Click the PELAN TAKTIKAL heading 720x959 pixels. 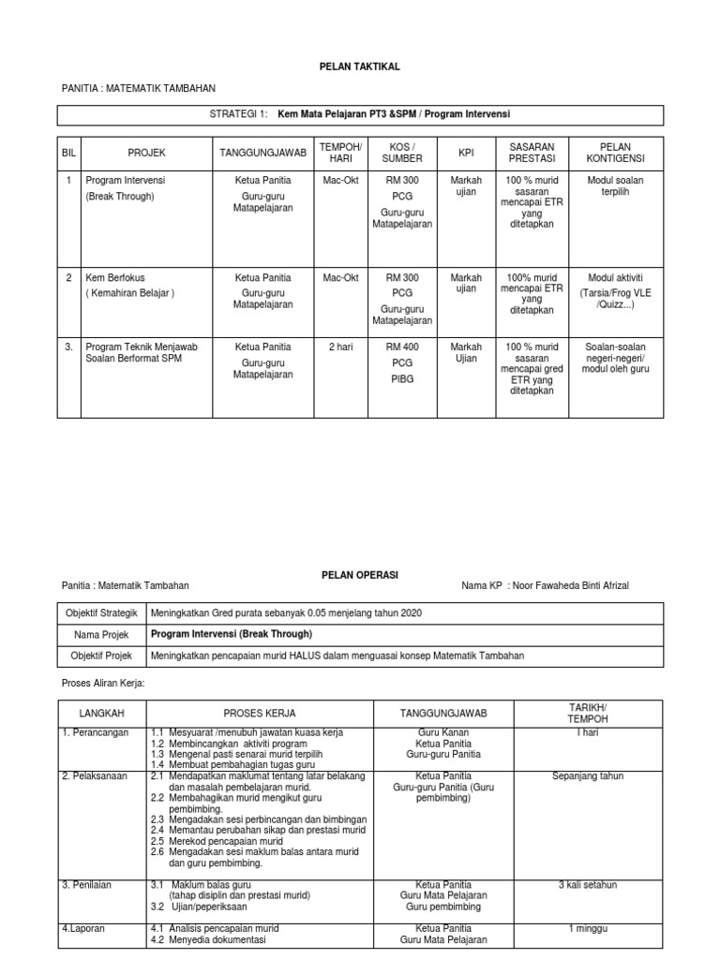click(x=361, y=66)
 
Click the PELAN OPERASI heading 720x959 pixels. click(x=360, y=574)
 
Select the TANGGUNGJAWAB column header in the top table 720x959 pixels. click(x=262, y=153)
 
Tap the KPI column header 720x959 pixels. click(x=466, y=153)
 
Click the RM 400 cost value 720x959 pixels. click(x=402, y=347)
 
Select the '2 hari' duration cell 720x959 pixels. click(x=340, y=347)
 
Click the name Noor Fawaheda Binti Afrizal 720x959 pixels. click(x=573, y=585)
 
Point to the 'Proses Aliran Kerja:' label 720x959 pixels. click(x=104, y=684)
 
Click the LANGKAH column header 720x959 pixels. click(x=102, y=713)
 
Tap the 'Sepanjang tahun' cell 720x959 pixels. click(x=588, y=776)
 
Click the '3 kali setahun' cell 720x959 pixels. click(x=588, y=884)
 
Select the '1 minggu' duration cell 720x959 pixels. click(x=588, y=928)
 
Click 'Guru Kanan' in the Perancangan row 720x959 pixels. click(x=443, y=732)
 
